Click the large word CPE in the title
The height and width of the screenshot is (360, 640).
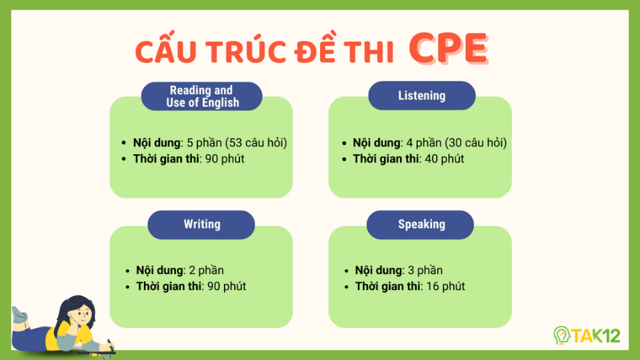447,48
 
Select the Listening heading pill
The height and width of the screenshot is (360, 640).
421,95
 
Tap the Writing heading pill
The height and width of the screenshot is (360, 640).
202,224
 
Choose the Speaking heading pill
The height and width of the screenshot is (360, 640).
421,224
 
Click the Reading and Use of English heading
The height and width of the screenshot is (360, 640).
201,96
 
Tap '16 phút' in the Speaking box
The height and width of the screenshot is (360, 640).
446,286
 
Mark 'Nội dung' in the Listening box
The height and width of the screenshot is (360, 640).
377,143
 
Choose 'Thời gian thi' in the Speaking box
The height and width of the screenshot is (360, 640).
388,286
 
